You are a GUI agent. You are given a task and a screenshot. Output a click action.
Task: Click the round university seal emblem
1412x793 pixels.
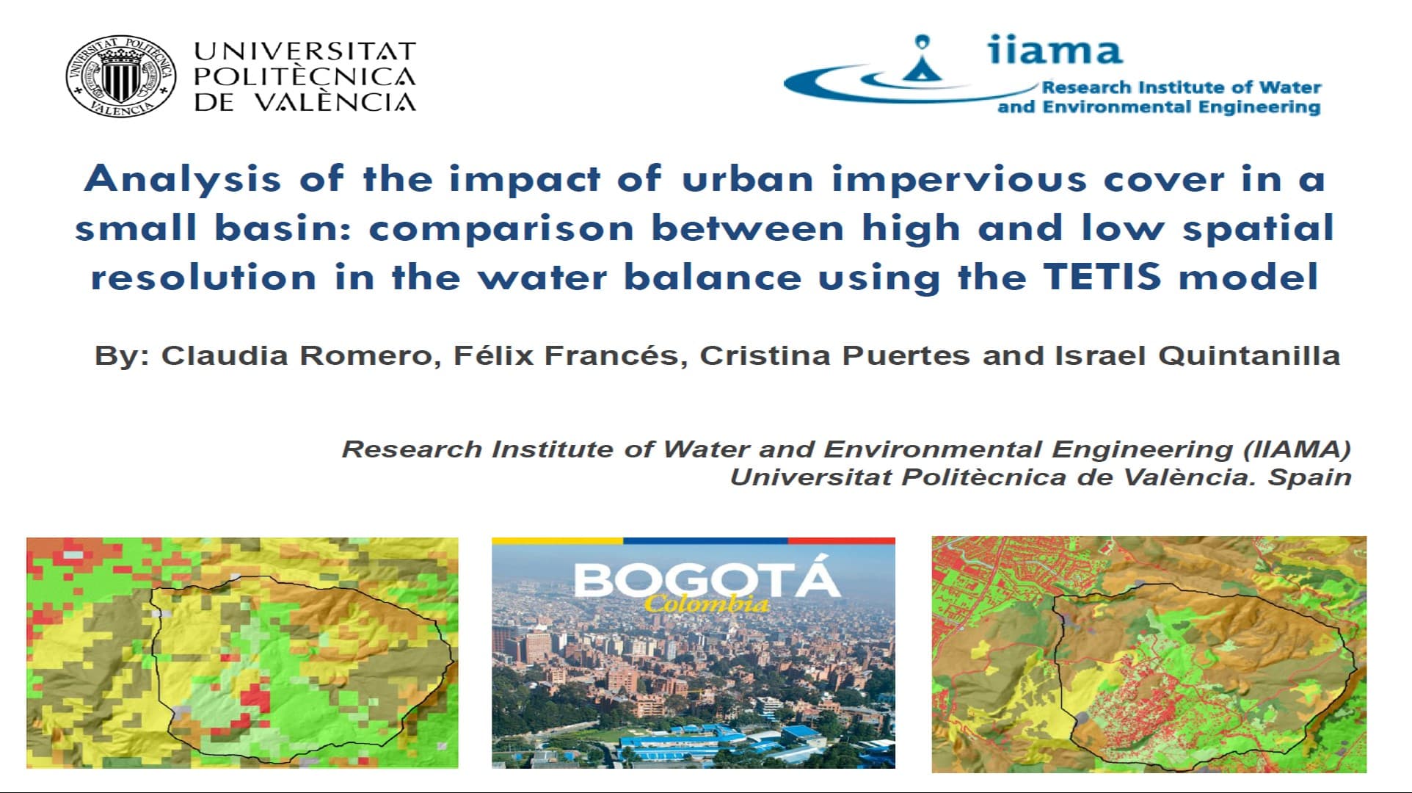tap(121, 76)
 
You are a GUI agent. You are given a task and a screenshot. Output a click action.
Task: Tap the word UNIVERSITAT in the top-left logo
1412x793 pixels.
tap(305, 51)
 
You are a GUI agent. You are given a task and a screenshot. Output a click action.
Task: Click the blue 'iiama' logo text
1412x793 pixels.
tap(1054, 50)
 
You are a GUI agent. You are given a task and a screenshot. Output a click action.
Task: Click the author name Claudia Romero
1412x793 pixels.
tap(296, 355)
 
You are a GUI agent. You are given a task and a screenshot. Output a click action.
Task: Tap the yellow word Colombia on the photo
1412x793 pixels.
tap(707, 604)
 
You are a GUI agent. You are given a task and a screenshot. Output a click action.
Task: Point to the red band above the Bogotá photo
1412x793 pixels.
tap(841, 541)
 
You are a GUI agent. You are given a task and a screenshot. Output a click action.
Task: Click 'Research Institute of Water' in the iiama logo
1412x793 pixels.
tap(1182, 87)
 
